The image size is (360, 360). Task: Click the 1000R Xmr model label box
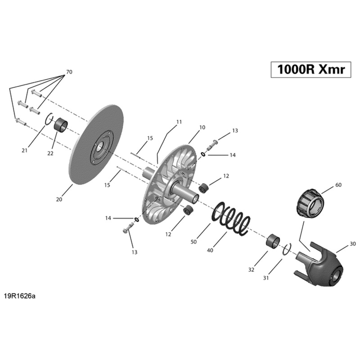310,70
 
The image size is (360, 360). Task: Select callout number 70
69,72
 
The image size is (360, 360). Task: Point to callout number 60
338,185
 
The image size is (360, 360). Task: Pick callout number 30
352,243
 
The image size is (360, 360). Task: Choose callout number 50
193,242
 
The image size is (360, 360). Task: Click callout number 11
179,122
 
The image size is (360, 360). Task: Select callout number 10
202,127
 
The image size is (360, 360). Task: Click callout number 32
251,270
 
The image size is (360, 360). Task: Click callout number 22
50,153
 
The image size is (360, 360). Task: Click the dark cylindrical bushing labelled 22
60,125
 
